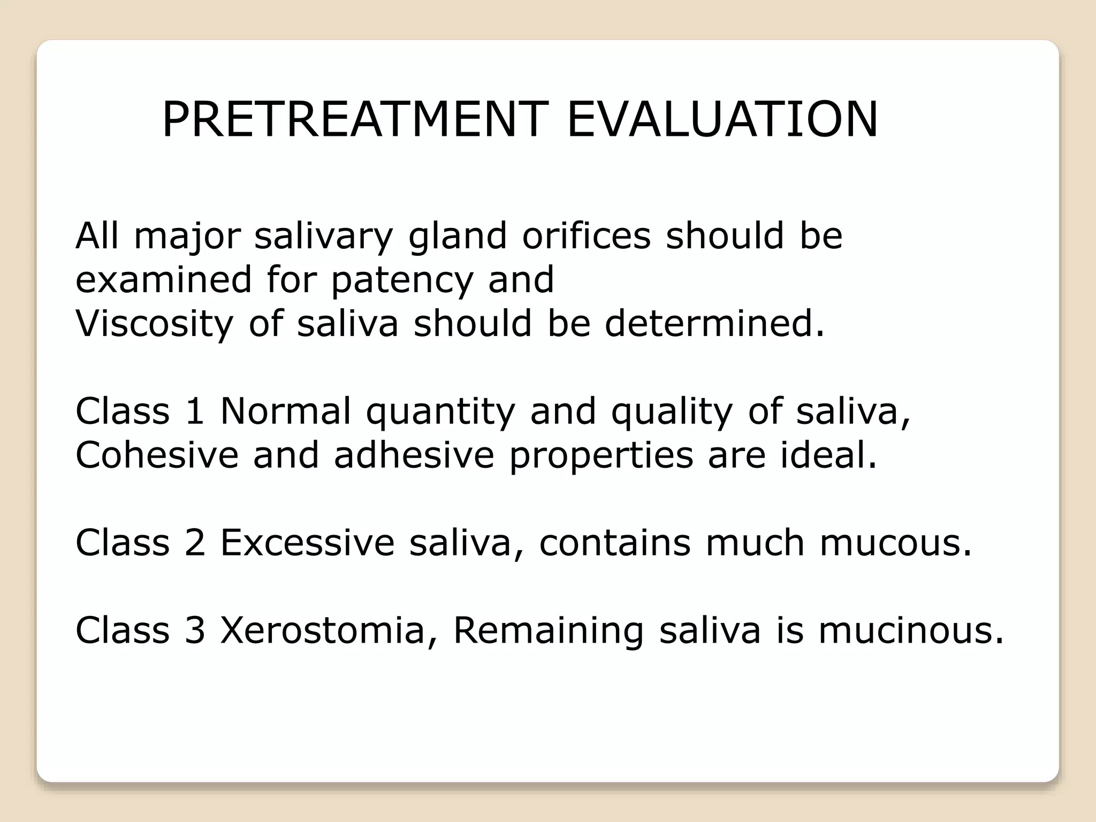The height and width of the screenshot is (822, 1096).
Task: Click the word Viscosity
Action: (x=154, y=324)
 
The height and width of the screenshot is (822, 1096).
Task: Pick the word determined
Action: (x=714, y=323)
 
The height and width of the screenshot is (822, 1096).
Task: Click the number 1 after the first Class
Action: (x=195, y=411)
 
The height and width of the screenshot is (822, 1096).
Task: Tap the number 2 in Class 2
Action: (x=195, y=543)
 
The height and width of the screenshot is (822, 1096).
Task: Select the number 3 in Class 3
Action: (x=195, y=630)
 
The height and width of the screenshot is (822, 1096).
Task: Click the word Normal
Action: (x=285, y=411)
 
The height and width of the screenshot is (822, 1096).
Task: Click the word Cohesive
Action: (x=157, y=455)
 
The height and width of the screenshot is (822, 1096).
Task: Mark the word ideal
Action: (x=828, y=455)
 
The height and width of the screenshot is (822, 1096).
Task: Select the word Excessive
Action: (x=307, y=543)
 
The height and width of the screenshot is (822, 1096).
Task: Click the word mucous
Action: (x=895, y=543)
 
